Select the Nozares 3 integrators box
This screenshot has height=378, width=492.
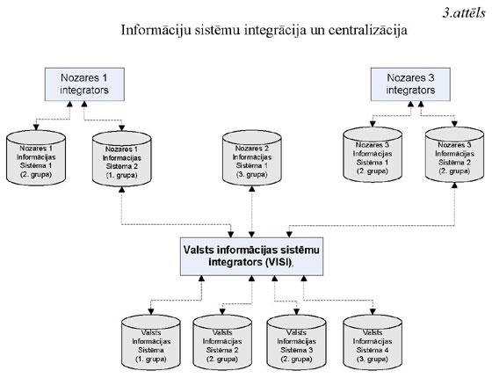pos(405,86)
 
